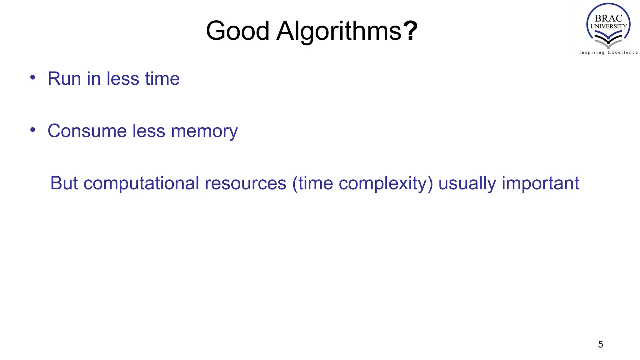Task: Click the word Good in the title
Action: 237,31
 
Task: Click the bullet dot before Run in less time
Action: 33,77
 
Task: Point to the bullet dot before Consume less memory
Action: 33,129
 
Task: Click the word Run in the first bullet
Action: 65,78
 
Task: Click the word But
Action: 64,183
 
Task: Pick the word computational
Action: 141,184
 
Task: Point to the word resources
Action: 246,183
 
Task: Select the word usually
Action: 467,184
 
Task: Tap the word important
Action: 541,184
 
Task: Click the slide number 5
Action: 600,344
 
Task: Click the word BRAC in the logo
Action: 608,18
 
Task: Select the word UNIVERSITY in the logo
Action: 608,26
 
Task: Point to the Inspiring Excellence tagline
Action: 608,52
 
